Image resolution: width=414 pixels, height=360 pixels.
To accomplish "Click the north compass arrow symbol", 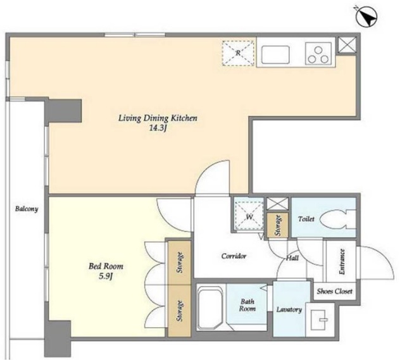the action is [367, 16].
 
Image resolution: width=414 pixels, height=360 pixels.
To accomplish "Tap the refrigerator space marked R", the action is [239, 53].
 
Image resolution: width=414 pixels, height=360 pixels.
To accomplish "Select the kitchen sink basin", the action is [275, 54].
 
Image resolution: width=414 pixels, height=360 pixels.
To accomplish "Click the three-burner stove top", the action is [318, 54].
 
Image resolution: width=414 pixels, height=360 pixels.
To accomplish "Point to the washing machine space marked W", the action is [249, 215].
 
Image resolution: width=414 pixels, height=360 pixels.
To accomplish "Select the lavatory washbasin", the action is [320, 320].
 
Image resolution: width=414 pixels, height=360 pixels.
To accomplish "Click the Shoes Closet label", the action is [334, 291].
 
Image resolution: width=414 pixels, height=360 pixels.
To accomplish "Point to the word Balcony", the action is [27, 209].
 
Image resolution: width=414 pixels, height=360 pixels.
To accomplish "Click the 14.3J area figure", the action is [158, 128].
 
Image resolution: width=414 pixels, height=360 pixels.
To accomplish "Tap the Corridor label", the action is [234, 256].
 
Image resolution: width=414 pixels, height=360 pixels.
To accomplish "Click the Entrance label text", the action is [342, 261].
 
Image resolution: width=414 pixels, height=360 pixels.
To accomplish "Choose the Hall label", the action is [292, 258].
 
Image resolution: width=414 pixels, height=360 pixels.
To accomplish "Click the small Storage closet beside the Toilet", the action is [277, 225].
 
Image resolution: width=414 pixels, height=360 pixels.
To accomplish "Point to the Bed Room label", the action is [106, 266].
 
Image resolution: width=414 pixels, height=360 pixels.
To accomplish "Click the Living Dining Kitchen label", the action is [158, 118].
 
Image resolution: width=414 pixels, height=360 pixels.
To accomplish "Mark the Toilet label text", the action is [306, 219].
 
